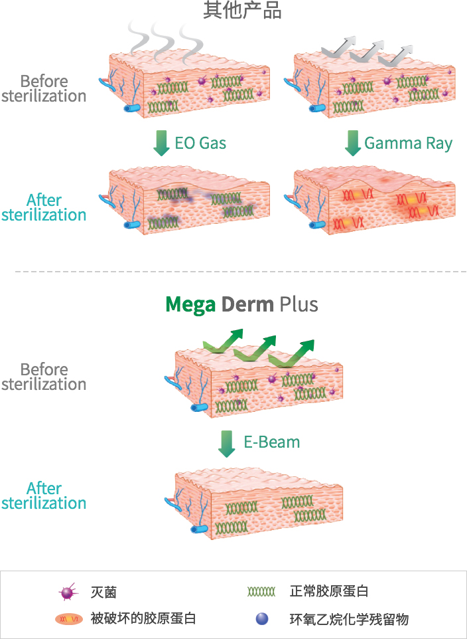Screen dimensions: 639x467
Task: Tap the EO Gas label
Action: (201, 143)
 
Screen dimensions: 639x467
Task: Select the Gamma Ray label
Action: (408, 143)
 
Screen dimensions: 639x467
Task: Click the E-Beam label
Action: (271, 442)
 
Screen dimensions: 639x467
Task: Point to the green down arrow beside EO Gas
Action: (161, 143)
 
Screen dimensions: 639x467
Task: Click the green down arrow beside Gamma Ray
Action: (353, 143)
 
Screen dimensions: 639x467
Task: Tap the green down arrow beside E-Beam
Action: (227, 443)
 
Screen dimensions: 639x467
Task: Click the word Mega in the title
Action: (191, 304)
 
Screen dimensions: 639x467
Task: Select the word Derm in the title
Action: (247, 304)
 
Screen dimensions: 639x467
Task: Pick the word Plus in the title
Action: (299, 304)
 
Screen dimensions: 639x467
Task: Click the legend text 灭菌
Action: (103, 592)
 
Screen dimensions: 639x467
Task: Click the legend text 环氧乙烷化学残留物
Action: (349, 619)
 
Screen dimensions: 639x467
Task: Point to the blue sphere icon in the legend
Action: (261, 619)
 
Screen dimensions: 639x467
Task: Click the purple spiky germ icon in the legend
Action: (67, 592)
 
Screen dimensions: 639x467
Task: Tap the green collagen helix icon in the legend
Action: (261, 591)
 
